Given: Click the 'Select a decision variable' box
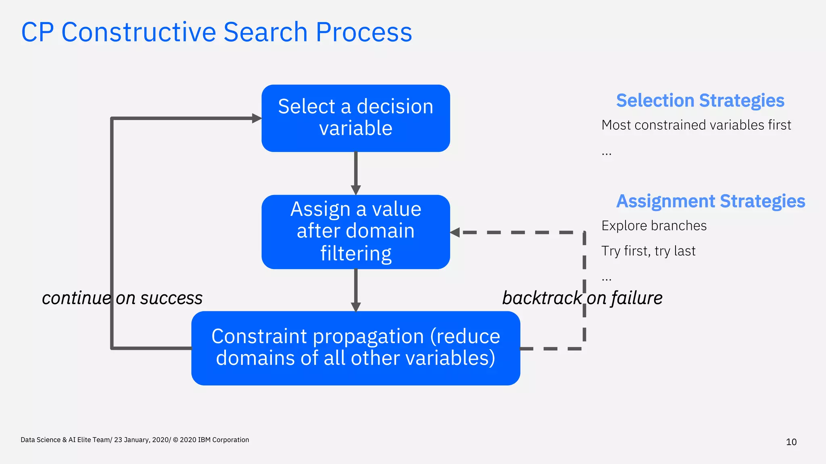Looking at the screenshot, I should pos(355,118).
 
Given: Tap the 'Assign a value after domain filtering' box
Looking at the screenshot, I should pos(355,232).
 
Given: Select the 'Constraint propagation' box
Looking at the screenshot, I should pos(355,348).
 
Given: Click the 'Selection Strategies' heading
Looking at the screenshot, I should pos(700,101).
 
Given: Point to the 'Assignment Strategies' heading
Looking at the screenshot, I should pos(710,201).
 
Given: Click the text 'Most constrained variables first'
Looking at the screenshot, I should pos(696,125).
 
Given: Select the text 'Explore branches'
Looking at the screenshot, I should pos(654,226).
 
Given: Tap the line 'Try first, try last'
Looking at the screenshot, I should pos(648,251).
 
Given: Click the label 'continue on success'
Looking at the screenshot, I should pos(122,298).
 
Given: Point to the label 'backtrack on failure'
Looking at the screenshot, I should pos(582,298).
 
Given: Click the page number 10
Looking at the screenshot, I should pos(791,442).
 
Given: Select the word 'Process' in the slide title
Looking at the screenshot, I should pos(363,32).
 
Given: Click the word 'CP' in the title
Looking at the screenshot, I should pos(37,32).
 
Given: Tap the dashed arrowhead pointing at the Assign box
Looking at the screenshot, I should pos(455,232).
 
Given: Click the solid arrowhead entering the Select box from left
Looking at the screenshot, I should pos(257,118).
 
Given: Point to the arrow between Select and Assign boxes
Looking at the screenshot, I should pos(355,173).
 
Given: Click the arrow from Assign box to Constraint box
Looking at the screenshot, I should pos(355,290).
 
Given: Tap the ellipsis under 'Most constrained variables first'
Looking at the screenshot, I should pos(606,153).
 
